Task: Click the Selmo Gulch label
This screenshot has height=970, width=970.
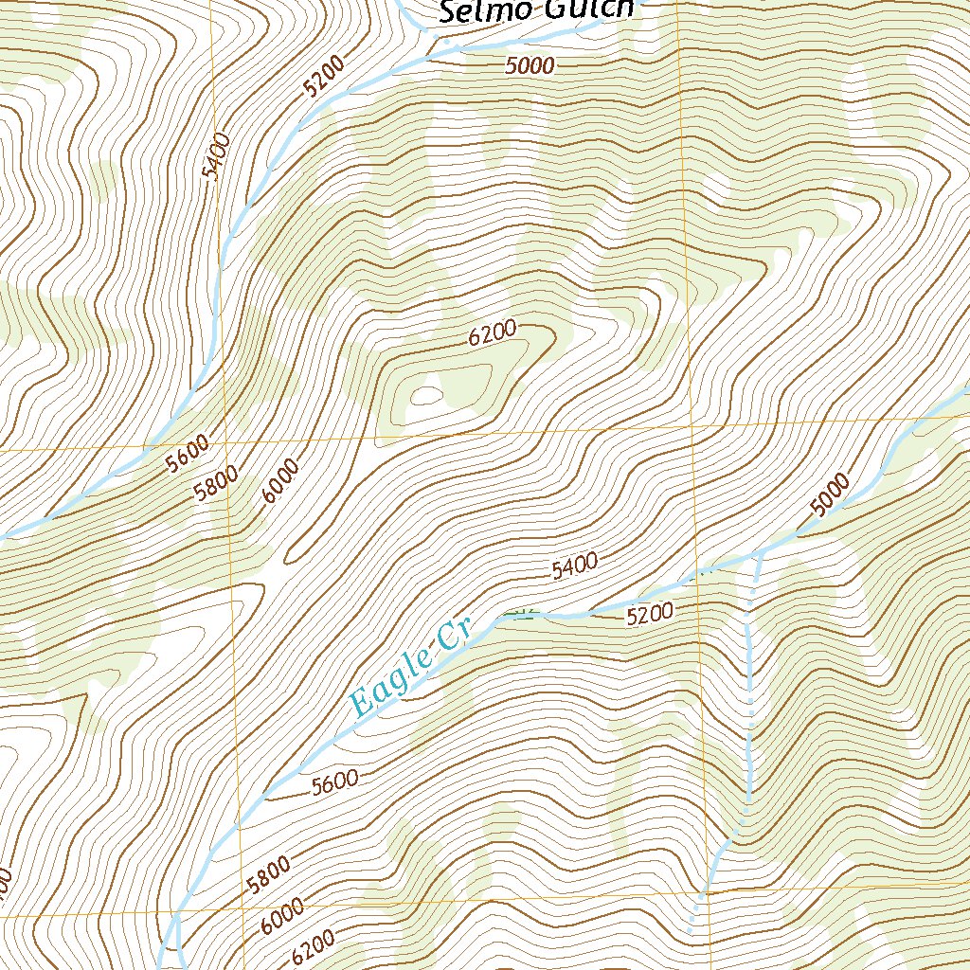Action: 535,10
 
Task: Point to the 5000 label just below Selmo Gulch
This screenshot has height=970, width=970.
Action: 529,65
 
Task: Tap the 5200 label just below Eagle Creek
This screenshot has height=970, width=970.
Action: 650,614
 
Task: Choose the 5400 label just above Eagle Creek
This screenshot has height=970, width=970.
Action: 574,566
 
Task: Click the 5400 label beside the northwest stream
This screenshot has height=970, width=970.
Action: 217,157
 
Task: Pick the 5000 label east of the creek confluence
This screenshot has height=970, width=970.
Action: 831,496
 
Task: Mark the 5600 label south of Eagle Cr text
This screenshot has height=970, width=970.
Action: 334,781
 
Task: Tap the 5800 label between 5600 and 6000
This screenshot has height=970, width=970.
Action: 216,483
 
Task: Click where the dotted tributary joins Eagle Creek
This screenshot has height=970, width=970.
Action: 759,552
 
